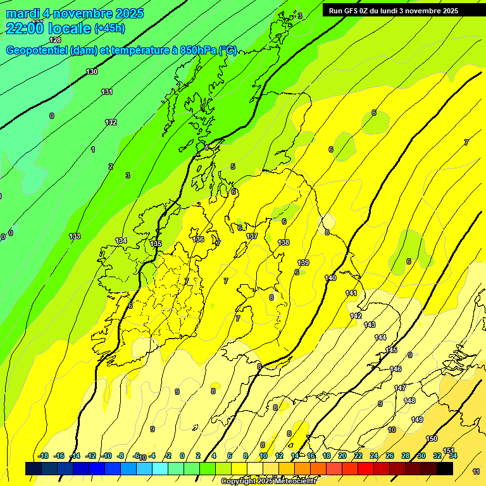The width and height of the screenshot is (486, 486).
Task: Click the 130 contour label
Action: [x=92, y=72]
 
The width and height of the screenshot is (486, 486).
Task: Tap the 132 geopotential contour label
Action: [x=111, y=122]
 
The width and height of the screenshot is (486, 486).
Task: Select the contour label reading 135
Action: [x=156, y=244]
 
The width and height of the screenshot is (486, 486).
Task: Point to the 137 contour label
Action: [x=252, y=236]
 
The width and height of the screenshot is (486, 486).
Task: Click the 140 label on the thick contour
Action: [x=330, y=278]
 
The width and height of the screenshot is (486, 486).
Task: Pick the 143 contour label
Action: [x=370, y=325]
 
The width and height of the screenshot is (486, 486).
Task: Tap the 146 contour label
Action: [x=396, y=369]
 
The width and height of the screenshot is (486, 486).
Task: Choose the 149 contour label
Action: [x=417, y=420]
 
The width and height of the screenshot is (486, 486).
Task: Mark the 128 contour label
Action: [x=55, y=40]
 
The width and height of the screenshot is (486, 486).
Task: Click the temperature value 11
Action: [x=476, y=471]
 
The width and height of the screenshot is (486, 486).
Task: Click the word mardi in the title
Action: [x=23, y=13]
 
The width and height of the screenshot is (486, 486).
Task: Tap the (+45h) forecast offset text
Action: [x=109, y=28]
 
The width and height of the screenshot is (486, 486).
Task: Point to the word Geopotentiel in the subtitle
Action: [x=35, y=51]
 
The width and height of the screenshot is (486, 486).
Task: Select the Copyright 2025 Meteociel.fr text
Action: [x=268, y=482]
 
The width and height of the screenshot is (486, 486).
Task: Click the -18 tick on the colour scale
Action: [x=43, y=456]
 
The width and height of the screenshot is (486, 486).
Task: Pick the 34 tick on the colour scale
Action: [x=453, y=456]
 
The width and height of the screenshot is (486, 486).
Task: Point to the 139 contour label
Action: [x=303, y=263]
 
